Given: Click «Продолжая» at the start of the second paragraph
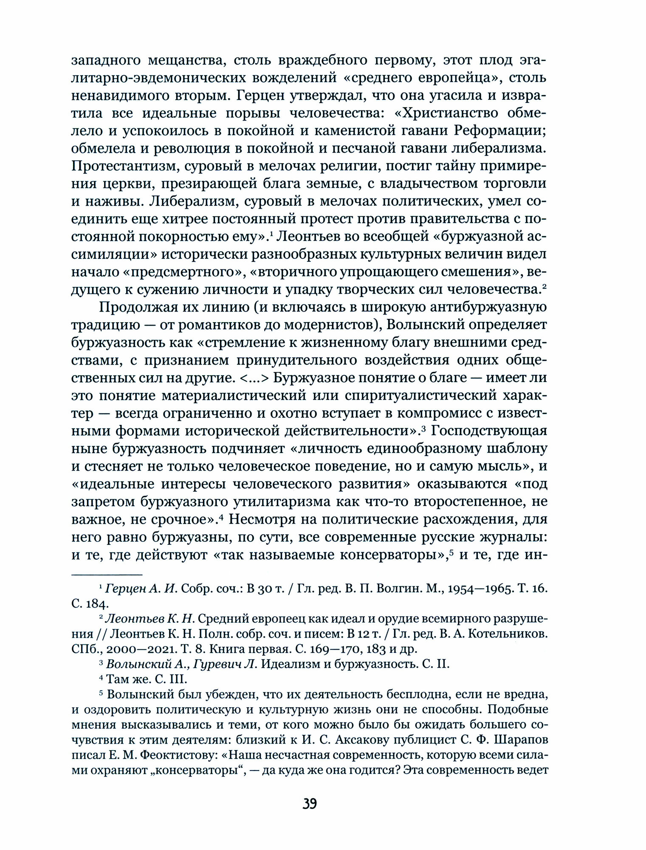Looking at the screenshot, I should [140, 307].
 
